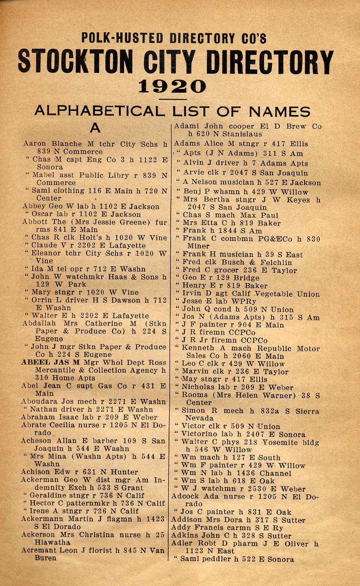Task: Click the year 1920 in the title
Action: point(172,86)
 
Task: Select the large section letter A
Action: point(95,128)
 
